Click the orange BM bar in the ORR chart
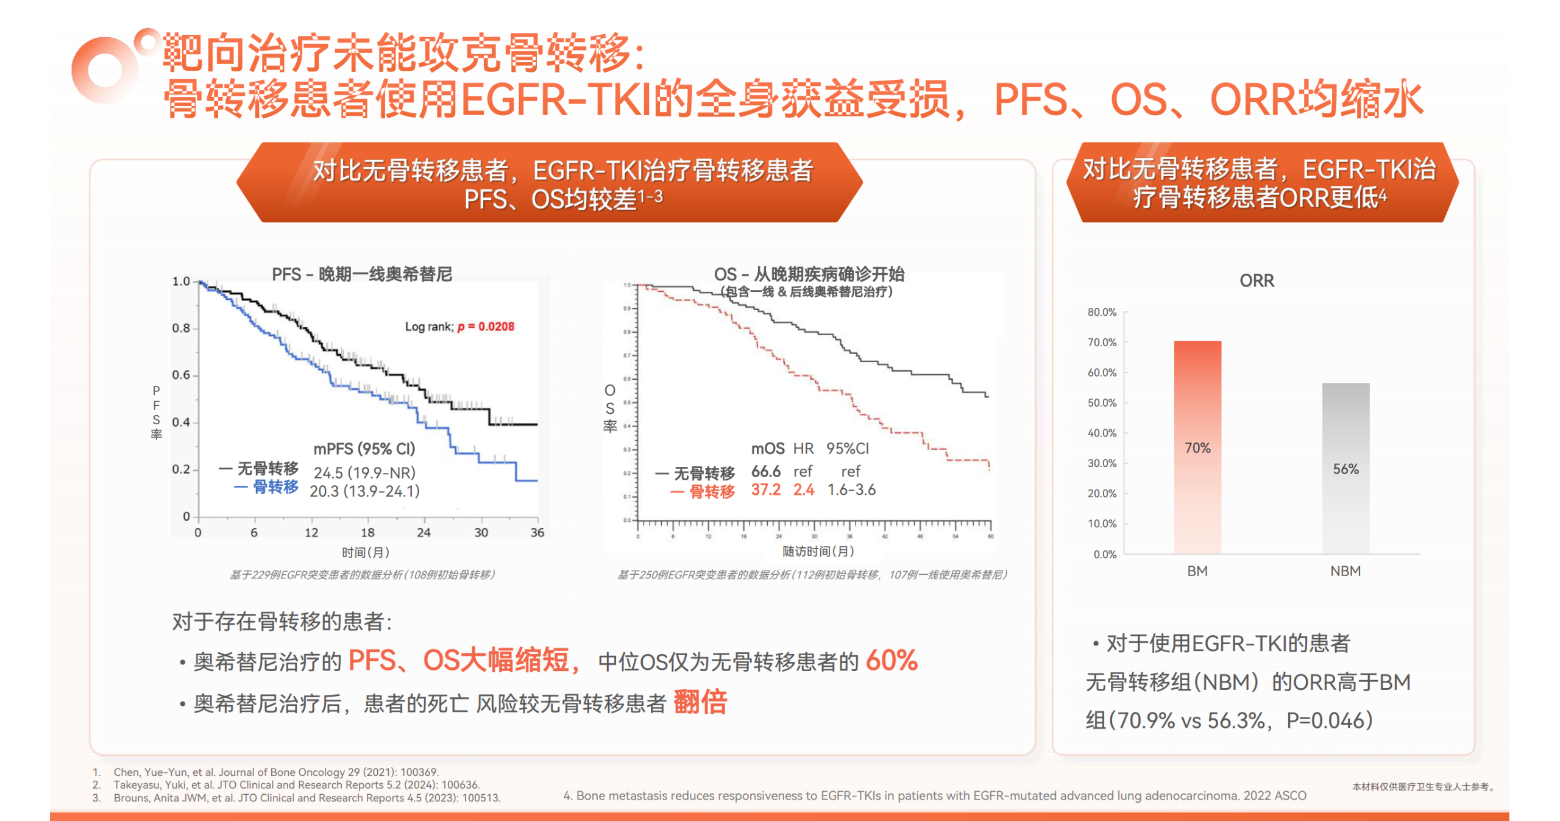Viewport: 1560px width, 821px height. tap(1197, 396)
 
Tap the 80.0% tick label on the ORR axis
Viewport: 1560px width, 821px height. tap(1102, 312)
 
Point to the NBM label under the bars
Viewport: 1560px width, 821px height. tap(1345, 571)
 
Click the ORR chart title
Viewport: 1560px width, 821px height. tap(1257, 280)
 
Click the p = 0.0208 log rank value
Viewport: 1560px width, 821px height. tap(486, 327)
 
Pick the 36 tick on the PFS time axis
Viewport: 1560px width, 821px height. tap(537, 533)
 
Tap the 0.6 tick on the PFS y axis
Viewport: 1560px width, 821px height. tap(181, 375)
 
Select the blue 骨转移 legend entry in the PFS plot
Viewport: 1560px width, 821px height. tap(267, 487)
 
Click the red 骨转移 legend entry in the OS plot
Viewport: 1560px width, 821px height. tap(703, 491)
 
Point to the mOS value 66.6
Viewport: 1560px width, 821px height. tap(765, 472)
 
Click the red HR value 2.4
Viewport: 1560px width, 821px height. tap(803, 490)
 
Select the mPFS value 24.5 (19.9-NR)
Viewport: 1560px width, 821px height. tap(364, 473)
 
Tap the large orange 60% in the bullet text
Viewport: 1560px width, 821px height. tap(892, 661)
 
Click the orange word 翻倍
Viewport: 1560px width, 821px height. tap(700, 702)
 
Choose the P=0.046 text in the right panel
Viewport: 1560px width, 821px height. tap(1329, 721)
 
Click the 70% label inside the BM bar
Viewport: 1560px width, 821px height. tap(1197, 448)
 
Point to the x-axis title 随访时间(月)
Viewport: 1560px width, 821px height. tap(818, 552)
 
